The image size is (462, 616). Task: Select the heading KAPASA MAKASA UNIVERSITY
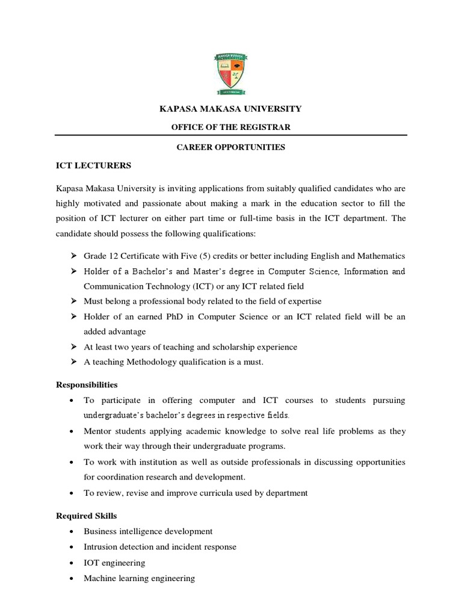230,109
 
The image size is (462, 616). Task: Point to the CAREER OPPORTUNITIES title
230,147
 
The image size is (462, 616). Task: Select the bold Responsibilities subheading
87,384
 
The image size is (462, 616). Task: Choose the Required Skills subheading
86,516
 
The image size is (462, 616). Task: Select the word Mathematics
380,256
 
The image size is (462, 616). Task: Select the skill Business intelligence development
148,531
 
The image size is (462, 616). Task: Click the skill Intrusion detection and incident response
160,547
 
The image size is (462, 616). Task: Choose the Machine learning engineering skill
140,578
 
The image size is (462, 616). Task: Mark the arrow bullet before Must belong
73,301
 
